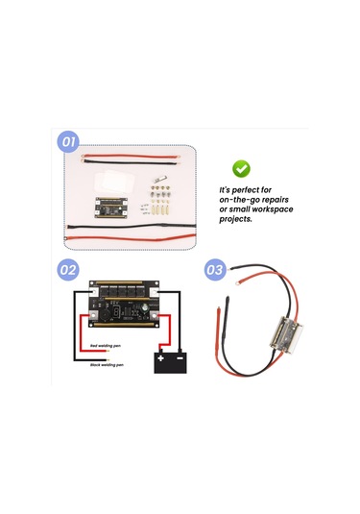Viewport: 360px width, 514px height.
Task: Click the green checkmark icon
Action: (243, 168)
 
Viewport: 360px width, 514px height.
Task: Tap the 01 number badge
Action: (68, 142)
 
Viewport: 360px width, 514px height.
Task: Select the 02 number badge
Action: (68, 271)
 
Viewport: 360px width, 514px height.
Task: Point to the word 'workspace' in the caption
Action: (275, 209)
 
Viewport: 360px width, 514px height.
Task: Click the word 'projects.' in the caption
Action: (237, 219)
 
